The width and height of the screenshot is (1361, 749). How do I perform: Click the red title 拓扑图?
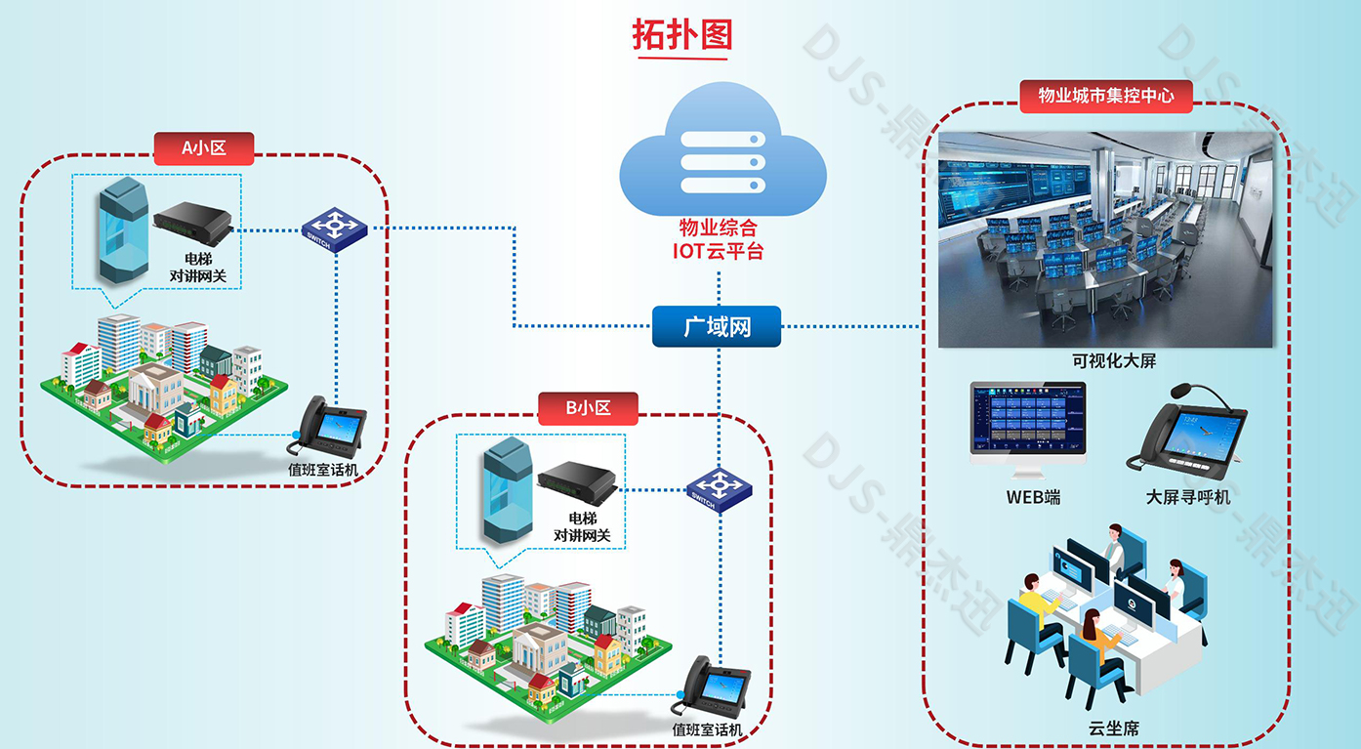680,36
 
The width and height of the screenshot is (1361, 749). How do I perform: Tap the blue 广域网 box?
717,326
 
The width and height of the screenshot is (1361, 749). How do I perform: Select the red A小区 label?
204,148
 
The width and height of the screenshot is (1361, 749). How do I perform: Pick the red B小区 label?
588,408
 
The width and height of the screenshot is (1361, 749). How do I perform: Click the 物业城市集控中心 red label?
1105,96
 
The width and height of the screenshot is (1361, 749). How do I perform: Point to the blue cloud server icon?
722,156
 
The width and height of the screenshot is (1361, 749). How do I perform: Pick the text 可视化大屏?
1113,361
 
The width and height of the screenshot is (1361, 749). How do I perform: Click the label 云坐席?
1114,728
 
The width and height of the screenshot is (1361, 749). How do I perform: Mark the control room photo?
1105,239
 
